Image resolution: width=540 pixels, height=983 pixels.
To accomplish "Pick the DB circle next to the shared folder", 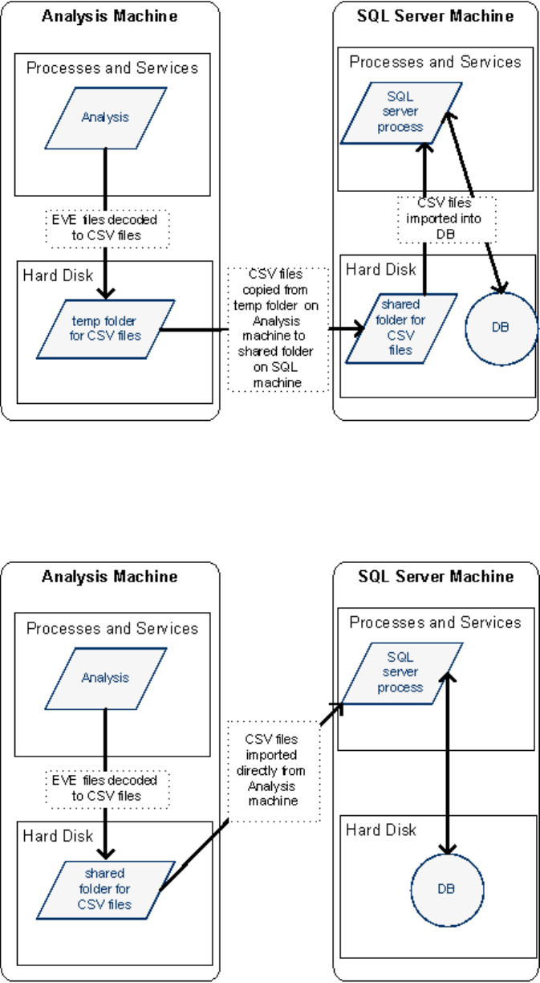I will (x=502, y=328).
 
